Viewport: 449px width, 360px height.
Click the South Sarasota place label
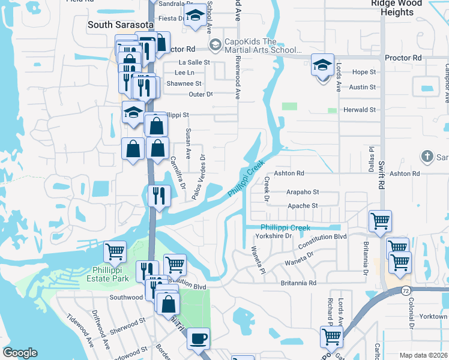[116, 25]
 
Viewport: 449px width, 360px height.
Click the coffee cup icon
[198, 339]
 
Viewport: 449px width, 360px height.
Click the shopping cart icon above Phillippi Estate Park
[115, 251]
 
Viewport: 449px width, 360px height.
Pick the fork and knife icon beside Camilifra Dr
[157, 195]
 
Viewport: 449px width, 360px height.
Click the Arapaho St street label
[303, 192]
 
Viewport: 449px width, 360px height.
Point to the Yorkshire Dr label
[273, 236]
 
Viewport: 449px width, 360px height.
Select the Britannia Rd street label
[298, 283]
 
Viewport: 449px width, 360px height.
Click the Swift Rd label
[381, 172]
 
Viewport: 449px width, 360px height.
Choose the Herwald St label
[359, 110]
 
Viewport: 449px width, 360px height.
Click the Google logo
[20, 353]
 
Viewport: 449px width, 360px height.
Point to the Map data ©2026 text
[423, 355]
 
